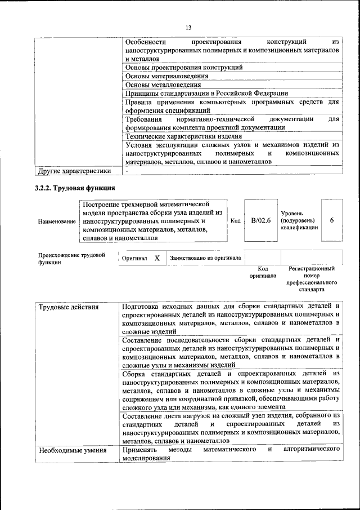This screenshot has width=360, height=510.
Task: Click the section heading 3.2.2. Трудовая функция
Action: pos(75,188)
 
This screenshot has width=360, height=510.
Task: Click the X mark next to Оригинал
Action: pos(157,258)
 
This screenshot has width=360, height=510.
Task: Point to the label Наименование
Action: pos(57,221)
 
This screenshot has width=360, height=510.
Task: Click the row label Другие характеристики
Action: pos(74,171)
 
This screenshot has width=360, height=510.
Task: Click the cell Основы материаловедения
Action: pos(163,76)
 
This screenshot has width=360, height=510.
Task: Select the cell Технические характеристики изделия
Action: pos(184,136)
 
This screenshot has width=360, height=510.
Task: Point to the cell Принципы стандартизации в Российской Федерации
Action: pos(207,93)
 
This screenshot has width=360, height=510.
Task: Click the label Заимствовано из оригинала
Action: pos(206,258)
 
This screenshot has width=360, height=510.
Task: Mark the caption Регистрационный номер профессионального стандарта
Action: pos(311,280)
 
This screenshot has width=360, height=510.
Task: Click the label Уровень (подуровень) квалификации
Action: pos(299,220)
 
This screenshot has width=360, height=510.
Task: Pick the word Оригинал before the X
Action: pos(135,258)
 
